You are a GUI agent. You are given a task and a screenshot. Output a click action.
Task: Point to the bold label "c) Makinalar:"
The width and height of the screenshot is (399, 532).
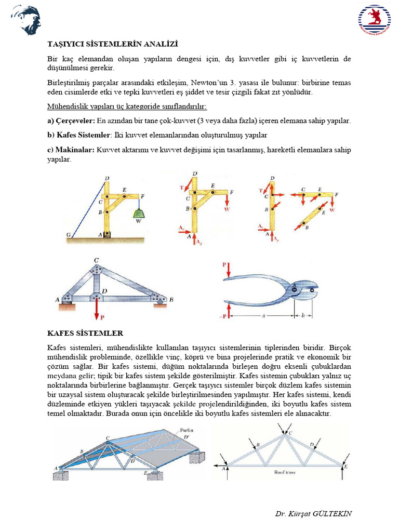[x=71, y=150]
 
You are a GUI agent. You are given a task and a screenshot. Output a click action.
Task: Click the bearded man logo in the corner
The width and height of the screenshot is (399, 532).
[x=25, y=19]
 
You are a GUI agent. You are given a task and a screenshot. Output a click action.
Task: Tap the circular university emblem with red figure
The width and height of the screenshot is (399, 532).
[x=374, y=20]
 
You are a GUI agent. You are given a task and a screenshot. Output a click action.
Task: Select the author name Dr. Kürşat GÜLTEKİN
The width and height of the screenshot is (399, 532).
[x=313, y=513]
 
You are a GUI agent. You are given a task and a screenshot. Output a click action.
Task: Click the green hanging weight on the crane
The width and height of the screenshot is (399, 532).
[x=139, y=212]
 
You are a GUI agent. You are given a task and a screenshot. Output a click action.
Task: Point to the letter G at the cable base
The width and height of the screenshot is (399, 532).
[x=68, y=235]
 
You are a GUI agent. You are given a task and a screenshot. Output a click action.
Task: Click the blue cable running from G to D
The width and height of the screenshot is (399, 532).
[x=87, y=208]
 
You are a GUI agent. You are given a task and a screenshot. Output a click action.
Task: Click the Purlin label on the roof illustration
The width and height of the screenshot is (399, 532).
[x=185, y=430]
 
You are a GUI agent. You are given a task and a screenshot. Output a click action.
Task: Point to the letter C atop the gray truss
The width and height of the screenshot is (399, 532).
[x=96, y=260]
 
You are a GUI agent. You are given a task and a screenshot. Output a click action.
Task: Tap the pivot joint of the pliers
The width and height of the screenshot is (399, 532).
[x=295, y=289]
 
